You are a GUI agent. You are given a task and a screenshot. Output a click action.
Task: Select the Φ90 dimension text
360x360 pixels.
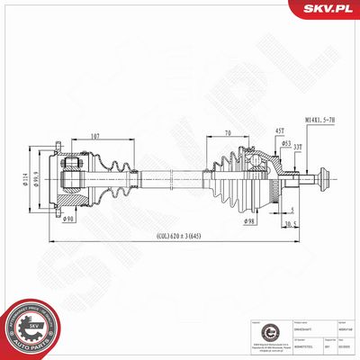click(x=67, y=219)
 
